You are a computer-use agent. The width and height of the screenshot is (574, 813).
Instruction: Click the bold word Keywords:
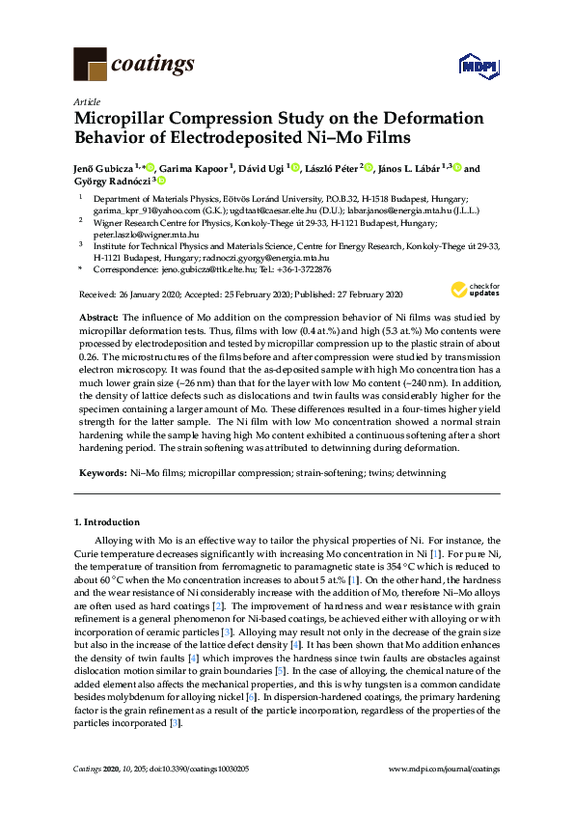pos(101,473)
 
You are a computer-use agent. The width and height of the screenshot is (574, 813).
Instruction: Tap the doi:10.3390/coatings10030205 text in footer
pos(206,769)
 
